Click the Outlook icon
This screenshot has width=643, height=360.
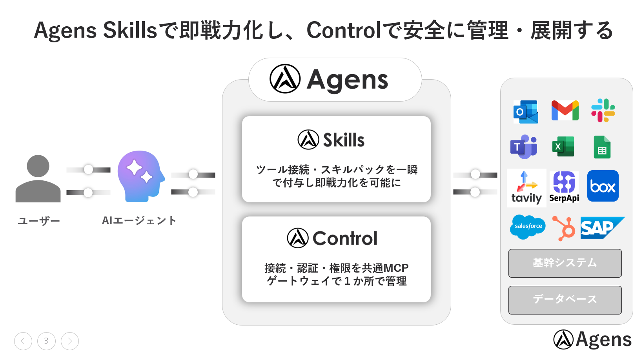pyautogui.click(x=526, y=112)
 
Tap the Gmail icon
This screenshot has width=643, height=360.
pyautogui.click(x=565, y=111)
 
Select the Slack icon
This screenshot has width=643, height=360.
pyautogui.click(x=603, y=110)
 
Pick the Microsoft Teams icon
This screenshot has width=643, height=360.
pyautogui.click(x=524, y=147)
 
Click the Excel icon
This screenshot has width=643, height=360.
pyautogui.click(x=563, y=147)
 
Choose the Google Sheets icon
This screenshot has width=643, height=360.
pyautogui.click(x=602, y=147)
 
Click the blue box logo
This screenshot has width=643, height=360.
pyautogui.click(x=603, y=186)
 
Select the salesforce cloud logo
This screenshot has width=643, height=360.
pyautogui.click(x=528, y=226)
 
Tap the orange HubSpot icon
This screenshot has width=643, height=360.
pyautogui.click(x=564, y=228)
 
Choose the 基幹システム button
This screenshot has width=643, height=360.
pyautogui.click(x=565, y=263)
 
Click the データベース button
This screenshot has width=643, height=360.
pyautogui.click(x=565, y=300)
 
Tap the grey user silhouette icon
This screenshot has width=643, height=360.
pyautogui.click(x=38, y=179)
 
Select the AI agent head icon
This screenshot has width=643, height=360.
pyautogui.click(x=140, y=176)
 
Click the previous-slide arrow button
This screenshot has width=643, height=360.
pyautogui.click(x=23, y=341)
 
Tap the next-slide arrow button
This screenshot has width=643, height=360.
pyautogui.click(x=70, y=341)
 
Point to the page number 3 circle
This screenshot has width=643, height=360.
pyautogui.click(x=46, y=341)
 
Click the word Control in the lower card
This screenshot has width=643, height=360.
pyautogui.click(x=345, y=238)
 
